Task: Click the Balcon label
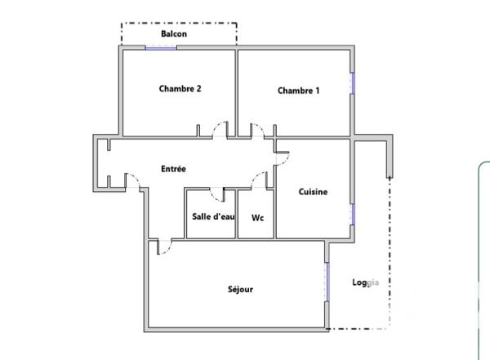click(x=173, y=33)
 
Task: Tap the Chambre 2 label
click(x=180, y=89)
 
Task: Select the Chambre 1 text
click(x=298, y=91)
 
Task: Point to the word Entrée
click(x=173, y=169)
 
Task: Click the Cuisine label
click(x=313, y=192)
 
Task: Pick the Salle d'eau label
click(x=211, y=217)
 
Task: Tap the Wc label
click(x=257, y=218)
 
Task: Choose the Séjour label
click(x=240, y=289)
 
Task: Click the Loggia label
click(x=365, y=283)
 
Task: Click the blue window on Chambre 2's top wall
click(x=161, y=47)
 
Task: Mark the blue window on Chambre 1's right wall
click(x=353, y=84)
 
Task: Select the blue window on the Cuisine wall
click(x=353, y=214)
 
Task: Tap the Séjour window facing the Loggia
click(x=327, y=282)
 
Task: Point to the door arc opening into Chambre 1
click(x=255, y=128)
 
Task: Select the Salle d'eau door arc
click(x=217, y=194)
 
